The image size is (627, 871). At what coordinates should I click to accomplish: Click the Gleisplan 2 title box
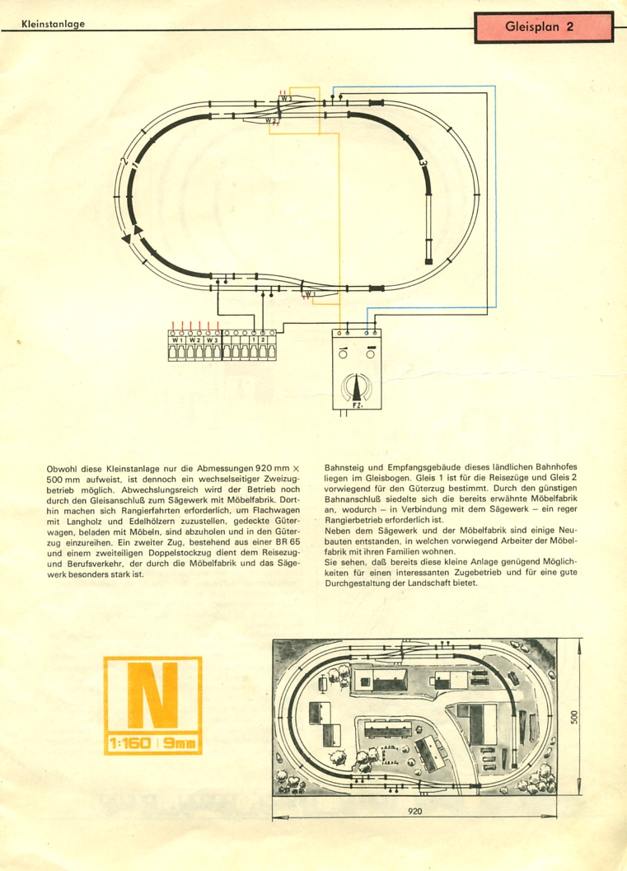[x=544, y=27]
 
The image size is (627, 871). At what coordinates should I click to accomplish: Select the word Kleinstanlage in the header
[x=54, y=24]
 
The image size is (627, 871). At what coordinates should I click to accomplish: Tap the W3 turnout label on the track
[x=286, y=98]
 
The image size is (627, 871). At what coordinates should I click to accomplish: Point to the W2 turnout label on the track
[x=270, y=120]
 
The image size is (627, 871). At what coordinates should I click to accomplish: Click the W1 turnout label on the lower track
[x=309, y=294]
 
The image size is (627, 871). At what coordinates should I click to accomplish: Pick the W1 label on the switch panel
[x=177, y=340]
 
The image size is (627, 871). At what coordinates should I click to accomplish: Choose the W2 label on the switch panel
[x=194, y=340]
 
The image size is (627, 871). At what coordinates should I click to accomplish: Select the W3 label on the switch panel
[x=212, y=340]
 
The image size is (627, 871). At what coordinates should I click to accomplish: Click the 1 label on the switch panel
[x=254, y=340]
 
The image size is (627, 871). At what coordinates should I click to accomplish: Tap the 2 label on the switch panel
[x=263, y=340]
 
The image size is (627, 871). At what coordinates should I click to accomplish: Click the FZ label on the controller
[x=357, y=405]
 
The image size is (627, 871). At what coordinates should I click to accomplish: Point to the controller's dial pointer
[x=356, y=388]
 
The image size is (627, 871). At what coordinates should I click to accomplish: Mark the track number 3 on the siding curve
[x=423, y=163]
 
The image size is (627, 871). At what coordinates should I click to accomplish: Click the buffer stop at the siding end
[x=428, y=261]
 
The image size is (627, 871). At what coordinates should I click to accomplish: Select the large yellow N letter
[x=152, y=695]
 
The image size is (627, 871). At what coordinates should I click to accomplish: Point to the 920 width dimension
[x=415, y=811]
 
